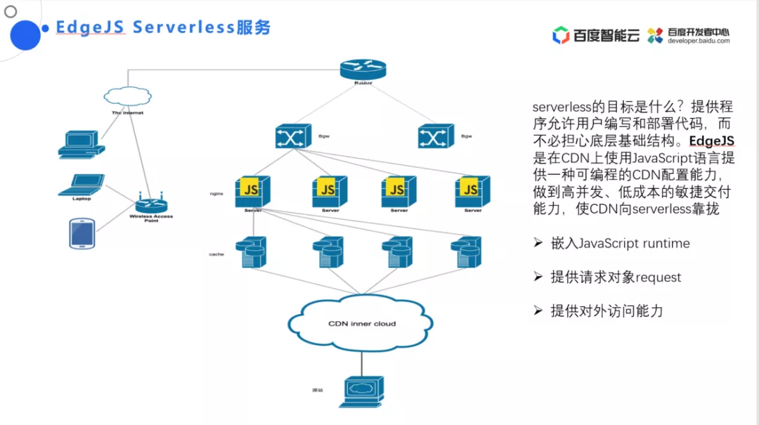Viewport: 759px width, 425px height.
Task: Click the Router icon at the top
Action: point(363,69)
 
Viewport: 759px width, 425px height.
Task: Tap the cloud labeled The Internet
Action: point(127,97)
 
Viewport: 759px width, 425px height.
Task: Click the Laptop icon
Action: point(81,184)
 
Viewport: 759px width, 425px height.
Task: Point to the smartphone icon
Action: point(82,233)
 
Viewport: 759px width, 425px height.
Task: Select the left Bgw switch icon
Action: point(293,136)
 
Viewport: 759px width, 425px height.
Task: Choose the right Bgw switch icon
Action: point(436,136)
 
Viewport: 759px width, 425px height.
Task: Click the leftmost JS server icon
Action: point(253,190)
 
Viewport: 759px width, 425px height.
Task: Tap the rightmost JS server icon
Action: point(472,190)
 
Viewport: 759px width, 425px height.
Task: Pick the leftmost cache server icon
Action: point(252,252)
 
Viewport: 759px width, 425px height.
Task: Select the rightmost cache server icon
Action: point(467,252)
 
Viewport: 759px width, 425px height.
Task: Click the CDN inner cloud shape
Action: point(362,323)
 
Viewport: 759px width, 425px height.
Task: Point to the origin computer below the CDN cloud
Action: point(362,391)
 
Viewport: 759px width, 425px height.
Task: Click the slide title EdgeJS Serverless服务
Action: point(163,27)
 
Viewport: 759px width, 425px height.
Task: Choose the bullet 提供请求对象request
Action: point(616,277)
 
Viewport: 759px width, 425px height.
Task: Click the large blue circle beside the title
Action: point(24,34)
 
